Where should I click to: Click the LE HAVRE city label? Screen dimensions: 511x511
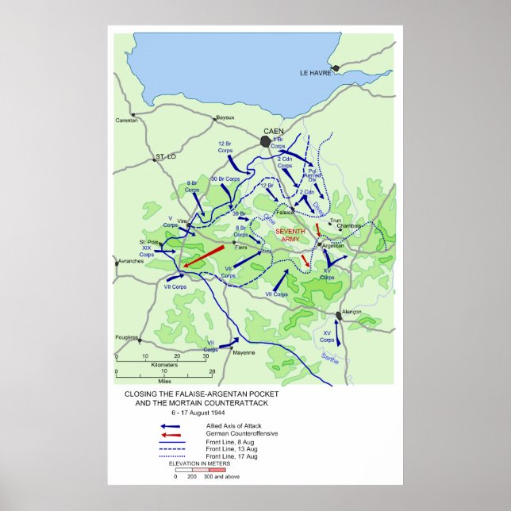click(x=314, y=73)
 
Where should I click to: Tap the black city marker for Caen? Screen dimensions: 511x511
click(x=265, y=141)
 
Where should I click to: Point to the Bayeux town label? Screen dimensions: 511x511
click(x=225, y=117)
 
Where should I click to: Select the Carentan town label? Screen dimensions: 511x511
click(x=126, y=119)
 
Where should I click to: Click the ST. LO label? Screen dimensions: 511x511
click(x=165, y=156)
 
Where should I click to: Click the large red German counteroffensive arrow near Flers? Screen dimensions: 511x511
click(x=203, y=257)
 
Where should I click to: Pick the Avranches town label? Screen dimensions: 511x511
click(x=129, y=261)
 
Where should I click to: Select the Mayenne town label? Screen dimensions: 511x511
click(x=244, y=352)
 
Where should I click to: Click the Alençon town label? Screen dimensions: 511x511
click(x=351, y=312)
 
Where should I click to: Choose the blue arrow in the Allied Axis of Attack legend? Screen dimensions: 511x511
click(x=171, y=427)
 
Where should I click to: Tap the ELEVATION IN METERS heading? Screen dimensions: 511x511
click(x=202, y=463)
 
